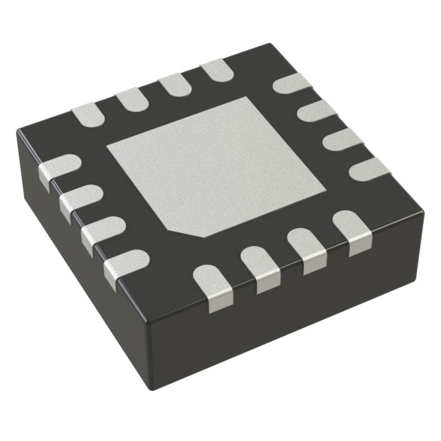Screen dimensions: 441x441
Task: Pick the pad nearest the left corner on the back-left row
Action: click(87, 114)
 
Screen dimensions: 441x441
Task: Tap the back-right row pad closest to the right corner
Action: click(369, 170)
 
